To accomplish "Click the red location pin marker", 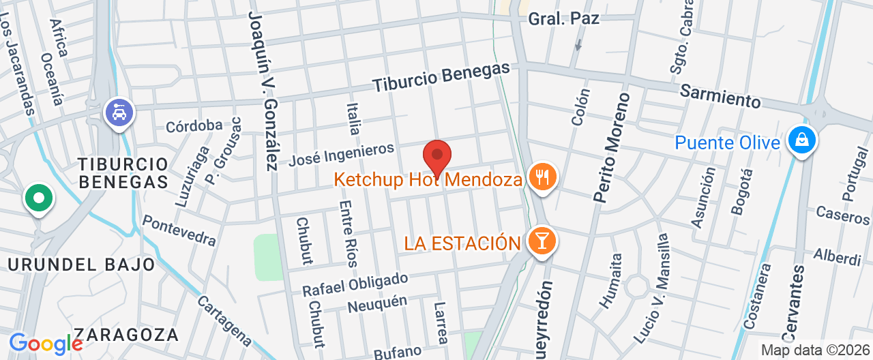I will (437, 157).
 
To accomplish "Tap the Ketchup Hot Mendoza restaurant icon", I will (543, 177).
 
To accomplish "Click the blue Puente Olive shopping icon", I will (801, 140).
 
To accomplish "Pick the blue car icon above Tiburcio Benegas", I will (120, 112).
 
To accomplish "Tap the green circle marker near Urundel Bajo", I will (39, 198).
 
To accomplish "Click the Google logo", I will (46, 343).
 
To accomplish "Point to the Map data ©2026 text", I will (816, 350).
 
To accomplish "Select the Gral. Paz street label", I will (563, 18).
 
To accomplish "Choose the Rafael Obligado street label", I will (355, 284).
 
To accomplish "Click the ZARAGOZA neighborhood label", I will (126, 335).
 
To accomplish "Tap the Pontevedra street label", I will (179, 231).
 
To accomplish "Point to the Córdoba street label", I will (194, 125).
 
